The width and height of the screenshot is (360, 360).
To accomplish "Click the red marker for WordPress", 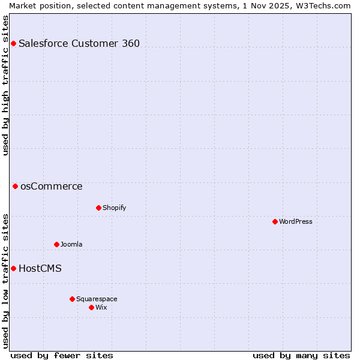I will point(275,221).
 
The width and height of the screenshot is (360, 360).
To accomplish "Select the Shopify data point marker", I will point(98,208).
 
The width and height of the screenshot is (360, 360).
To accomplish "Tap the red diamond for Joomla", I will point(56,244).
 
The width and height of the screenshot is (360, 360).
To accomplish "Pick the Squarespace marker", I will point(72,299).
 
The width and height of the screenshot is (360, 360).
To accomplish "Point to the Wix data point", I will point(91,307).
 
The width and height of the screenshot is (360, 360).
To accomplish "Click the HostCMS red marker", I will point(13,268).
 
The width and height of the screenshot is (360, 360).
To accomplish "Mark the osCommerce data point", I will point(15,186).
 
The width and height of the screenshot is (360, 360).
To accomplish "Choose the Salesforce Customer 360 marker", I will point(13,43).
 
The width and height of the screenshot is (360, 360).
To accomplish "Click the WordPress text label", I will point(296,221).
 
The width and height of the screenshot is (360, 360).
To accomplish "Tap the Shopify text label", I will point(114,208).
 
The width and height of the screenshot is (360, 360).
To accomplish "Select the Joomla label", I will point(71,244).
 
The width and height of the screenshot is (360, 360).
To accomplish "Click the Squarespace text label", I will point(97,299).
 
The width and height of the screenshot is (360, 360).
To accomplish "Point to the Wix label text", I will point(101,307).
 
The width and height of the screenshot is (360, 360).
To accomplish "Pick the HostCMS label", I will point(40,268).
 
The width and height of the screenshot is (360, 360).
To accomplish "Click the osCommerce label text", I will point(52,186).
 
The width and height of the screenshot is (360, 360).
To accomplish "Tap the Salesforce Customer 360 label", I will point(79,43).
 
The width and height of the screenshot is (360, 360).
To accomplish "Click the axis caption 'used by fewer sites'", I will point(62,355).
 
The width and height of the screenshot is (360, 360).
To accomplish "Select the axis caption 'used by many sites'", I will point(301,355).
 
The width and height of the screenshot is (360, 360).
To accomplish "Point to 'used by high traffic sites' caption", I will point(5,85).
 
